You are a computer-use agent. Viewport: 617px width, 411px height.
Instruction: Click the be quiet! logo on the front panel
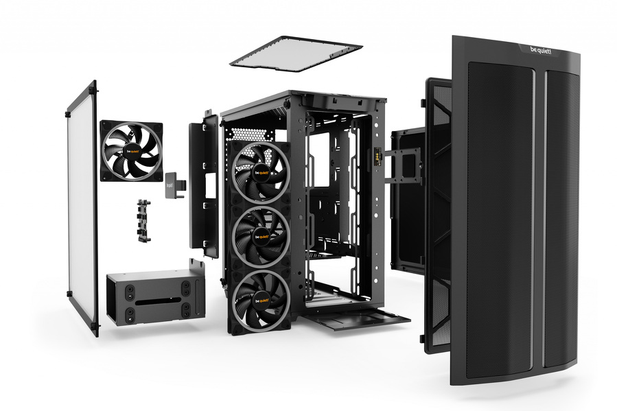tap(541, 50)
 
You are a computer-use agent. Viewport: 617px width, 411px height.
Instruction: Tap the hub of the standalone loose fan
tap(131, 151)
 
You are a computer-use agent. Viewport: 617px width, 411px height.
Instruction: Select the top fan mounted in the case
tap(260, 170)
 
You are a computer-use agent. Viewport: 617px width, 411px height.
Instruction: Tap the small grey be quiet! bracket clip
tap(174, 185)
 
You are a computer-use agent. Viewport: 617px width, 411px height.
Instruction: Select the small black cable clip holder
tap(143, 220)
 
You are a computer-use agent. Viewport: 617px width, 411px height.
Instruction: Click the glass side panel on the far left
tap(82, 206)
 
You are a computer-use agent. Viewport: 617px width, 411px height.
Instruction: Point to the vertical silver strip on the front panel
tap(540, 206)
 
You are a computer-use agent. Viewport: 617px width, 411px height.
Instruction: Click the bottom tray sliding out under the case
tap(357, 317)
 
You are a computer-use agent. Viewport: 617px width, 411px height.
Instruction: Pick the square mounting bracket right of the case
tap(404, 165)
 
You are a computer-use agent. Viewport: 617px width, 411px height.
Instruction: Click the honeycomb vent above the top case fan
tap(243, 133)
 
